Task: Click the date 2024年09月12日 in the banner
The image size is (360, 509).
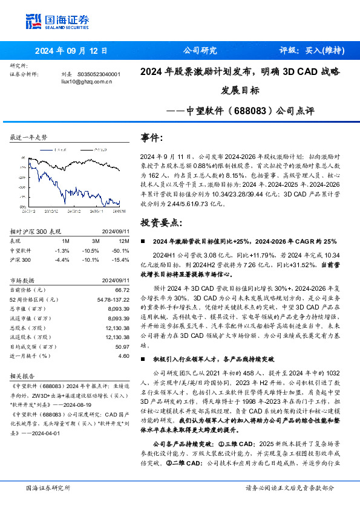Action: pyautogui.click(x=71, y=51)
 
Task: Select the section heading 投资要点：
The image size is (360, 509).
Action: pyautogui.click(x=159, y=222)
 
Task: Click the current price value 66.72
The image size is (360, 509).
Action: pyautogui.click(x=122, y=290)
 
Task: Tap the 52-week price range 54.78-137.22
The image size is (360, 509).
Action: pyautogui.click(x=113, y=300)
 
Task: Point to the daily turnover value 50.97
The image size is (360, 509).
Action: pyautogui.click(x=122, y=347)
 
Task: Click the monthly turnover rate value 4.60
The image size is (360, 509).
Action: pyautogui.click(x=123, y=356)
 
